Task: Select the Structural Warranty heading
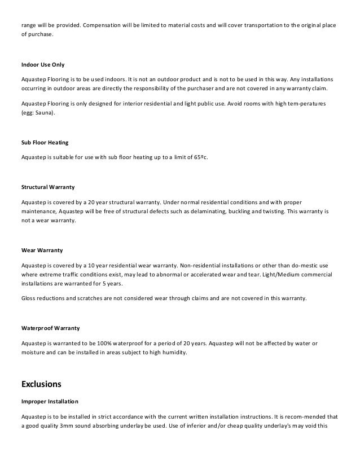(47, 186)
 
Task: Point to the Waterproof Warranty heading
(50, 327)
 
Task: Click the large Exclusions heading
(41, 384)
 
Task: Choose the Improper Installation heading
(50, 401)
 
